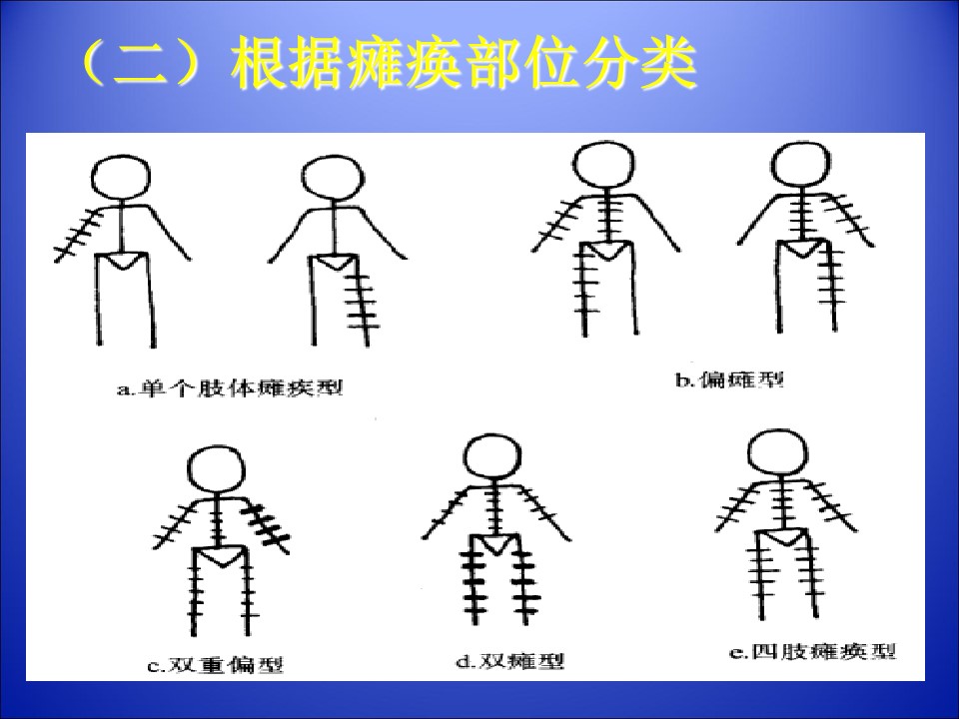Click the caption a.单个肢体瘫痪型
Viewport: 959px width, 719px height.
click(x=230, y=388)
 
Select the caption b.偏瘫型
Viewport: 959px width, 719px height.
click(x=729, y=380)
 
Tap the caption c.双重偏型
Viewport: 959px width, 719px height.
click(x=216, y=664)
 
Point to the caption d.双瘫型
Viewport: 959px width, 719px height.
click(x=510, y=661)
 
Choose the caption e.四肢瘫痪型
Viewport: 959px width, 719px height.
click(x=813, y=652)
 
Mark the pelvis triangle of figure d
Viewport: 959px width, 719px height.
click(x=495, y=544)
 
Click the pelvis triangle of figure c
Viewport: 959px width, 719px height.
click(x=220, y=556)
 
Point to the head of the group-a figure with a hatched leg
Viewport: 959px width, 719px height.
click(x=332, y=178)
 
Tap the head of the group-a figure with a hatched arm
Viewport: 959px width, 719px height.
click(x=121, y=178)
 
